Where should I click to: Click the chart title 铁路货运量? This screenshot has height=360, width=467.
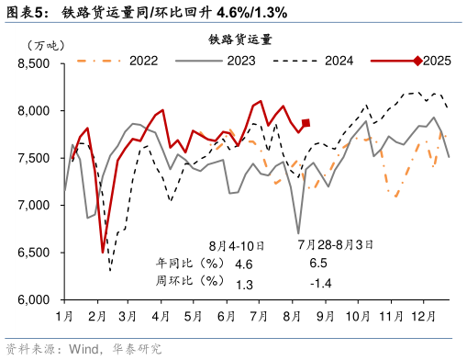pyautogui.click(x=239, y=39)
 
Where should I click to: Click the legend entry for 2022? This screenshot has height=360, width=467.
pyautogui.click(x=142, y=62)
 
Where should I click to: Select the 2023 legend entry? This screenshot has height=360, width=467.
pyautogui.click(x=240, y=62)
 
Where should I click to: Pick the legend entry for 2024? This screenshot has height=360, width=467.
pyautogui.click(x=339, y=62)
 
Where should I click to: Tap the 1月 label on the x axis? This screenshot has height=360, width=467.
pyautogui.click(x=64, y=317)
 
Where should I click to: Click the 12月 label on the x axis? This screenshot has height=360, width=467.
pyautogui.click(x=421, y=317)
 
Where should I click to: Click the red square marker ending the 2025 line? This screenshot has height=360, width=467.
pyautogui.click(x=306, y=123)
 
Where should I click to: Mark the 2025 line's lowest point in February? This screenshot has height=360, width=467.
pyautogui.click(x=103, y=252)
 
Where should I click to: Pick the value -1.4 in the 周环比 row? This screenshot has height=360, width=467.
pyautogui.click(x=320, y=284)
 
